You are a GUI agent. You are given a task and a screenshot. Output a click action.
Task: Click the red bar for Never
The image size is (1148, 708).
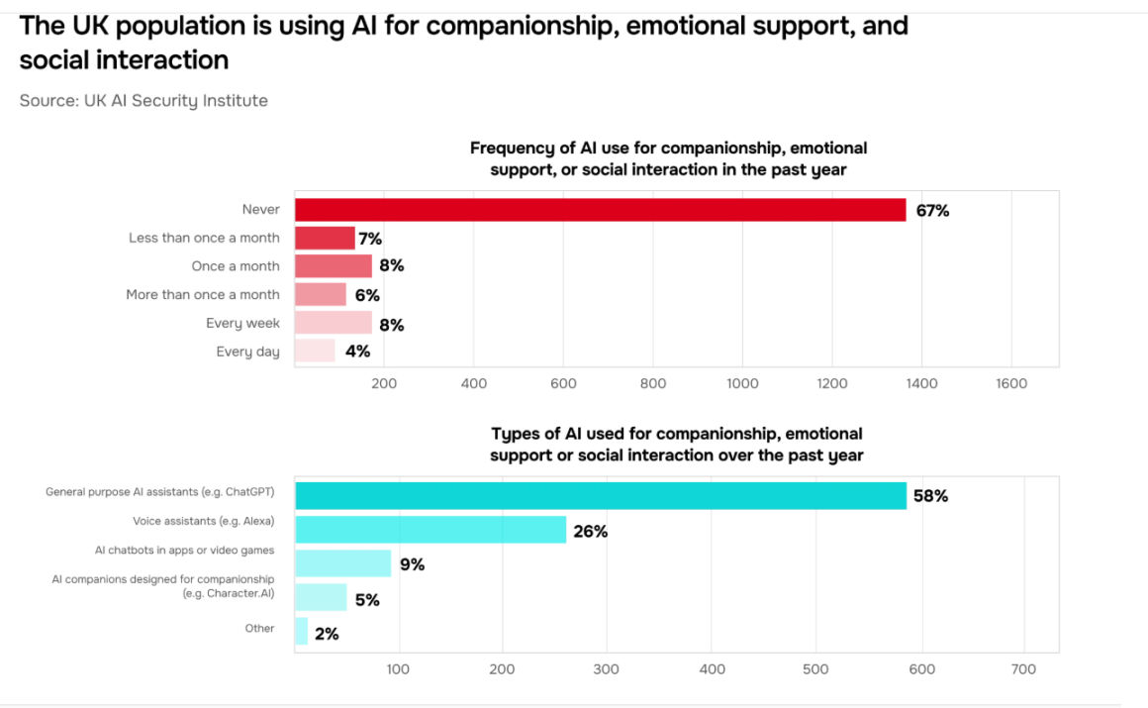point(600,210)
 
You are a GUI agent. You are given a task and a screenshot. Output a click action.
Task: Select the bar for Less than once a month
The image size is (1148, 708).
point(325,238)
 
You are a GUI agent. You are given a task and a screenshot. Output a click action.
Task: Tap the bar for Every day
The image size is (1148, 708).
point(315,351)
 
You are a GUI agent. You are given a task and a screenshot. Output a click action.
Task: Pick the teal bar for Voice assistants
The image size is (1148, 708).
point(430,530)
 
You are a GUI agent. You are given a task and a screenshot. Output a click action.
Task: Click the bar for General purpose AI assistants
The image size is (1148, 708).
point(601,495)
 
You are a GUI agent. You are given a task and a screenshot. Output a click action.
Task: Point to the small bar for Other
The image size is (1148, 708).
point(302,632)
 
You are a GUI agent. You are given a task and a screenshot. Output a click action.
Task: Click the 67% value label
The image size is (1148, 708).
point(932,211)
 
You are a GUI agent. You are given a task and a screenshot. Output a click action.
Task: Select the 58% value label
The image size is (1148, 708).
point(930,496)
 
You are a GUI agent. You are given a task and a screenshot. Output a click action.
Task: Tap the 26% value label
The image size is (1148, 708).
point(590,532)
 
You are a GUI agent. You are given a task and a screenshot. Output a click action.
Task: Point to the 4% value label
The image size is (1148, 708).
point(357,352)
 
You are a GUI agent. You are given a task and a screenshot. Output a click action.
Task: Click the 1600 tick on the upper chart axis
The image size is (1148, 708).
point(1011,384)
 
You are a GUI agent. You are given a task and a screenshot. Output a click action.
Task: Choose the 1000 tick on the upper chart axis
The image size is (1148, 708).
point(742,384)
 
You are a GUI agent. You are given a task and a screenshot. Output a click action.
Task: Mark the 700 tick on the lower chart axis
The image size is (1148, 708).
point(1024,669)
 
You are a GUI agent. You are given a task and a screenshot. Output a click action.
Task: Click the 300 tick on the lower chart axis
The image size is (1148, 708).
point(606,669)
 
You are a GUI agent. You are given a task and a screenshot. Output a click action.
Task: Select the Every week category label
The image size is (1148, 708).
point(242,323)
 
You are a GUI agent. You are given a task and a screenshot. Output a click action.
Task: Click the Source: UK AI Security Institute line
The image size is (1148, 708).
point(143,100)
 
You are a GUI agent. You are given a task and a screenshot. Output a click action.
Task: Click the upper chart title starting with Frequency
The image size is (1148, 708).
point(668,158)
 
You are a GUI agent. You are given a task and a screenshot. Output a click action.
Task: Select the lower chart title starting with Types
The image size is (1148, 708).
point(676,445)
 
